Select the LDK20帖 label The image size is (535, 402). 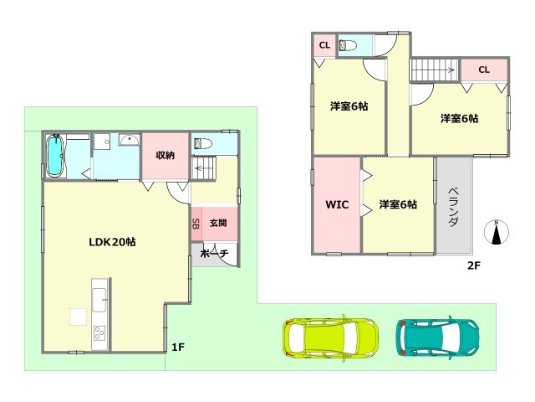(x=113, y=241)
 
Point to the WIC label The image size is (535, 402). (x=336, y=204)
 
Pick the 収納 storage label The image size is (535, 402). (x=165, y=155)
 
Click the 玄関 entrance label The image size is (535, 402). (x=218, y=223)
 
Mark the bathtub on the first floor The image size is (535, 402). (x=54, y=156)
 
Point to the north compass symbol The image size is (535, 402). (x=497, y=232)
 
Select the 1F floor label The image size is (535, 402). (x=178, y=347)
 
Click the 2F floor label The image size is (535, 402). (x=474, y=265)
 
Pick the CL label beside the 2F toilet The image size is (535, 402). (x=324, y=44)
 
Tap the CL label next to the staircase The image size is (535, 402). (x=484, y=70)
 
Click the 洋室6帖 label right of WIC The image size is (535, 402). (x=398, y=204)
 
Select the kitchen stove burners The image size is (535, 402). (x=100, y=333)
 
